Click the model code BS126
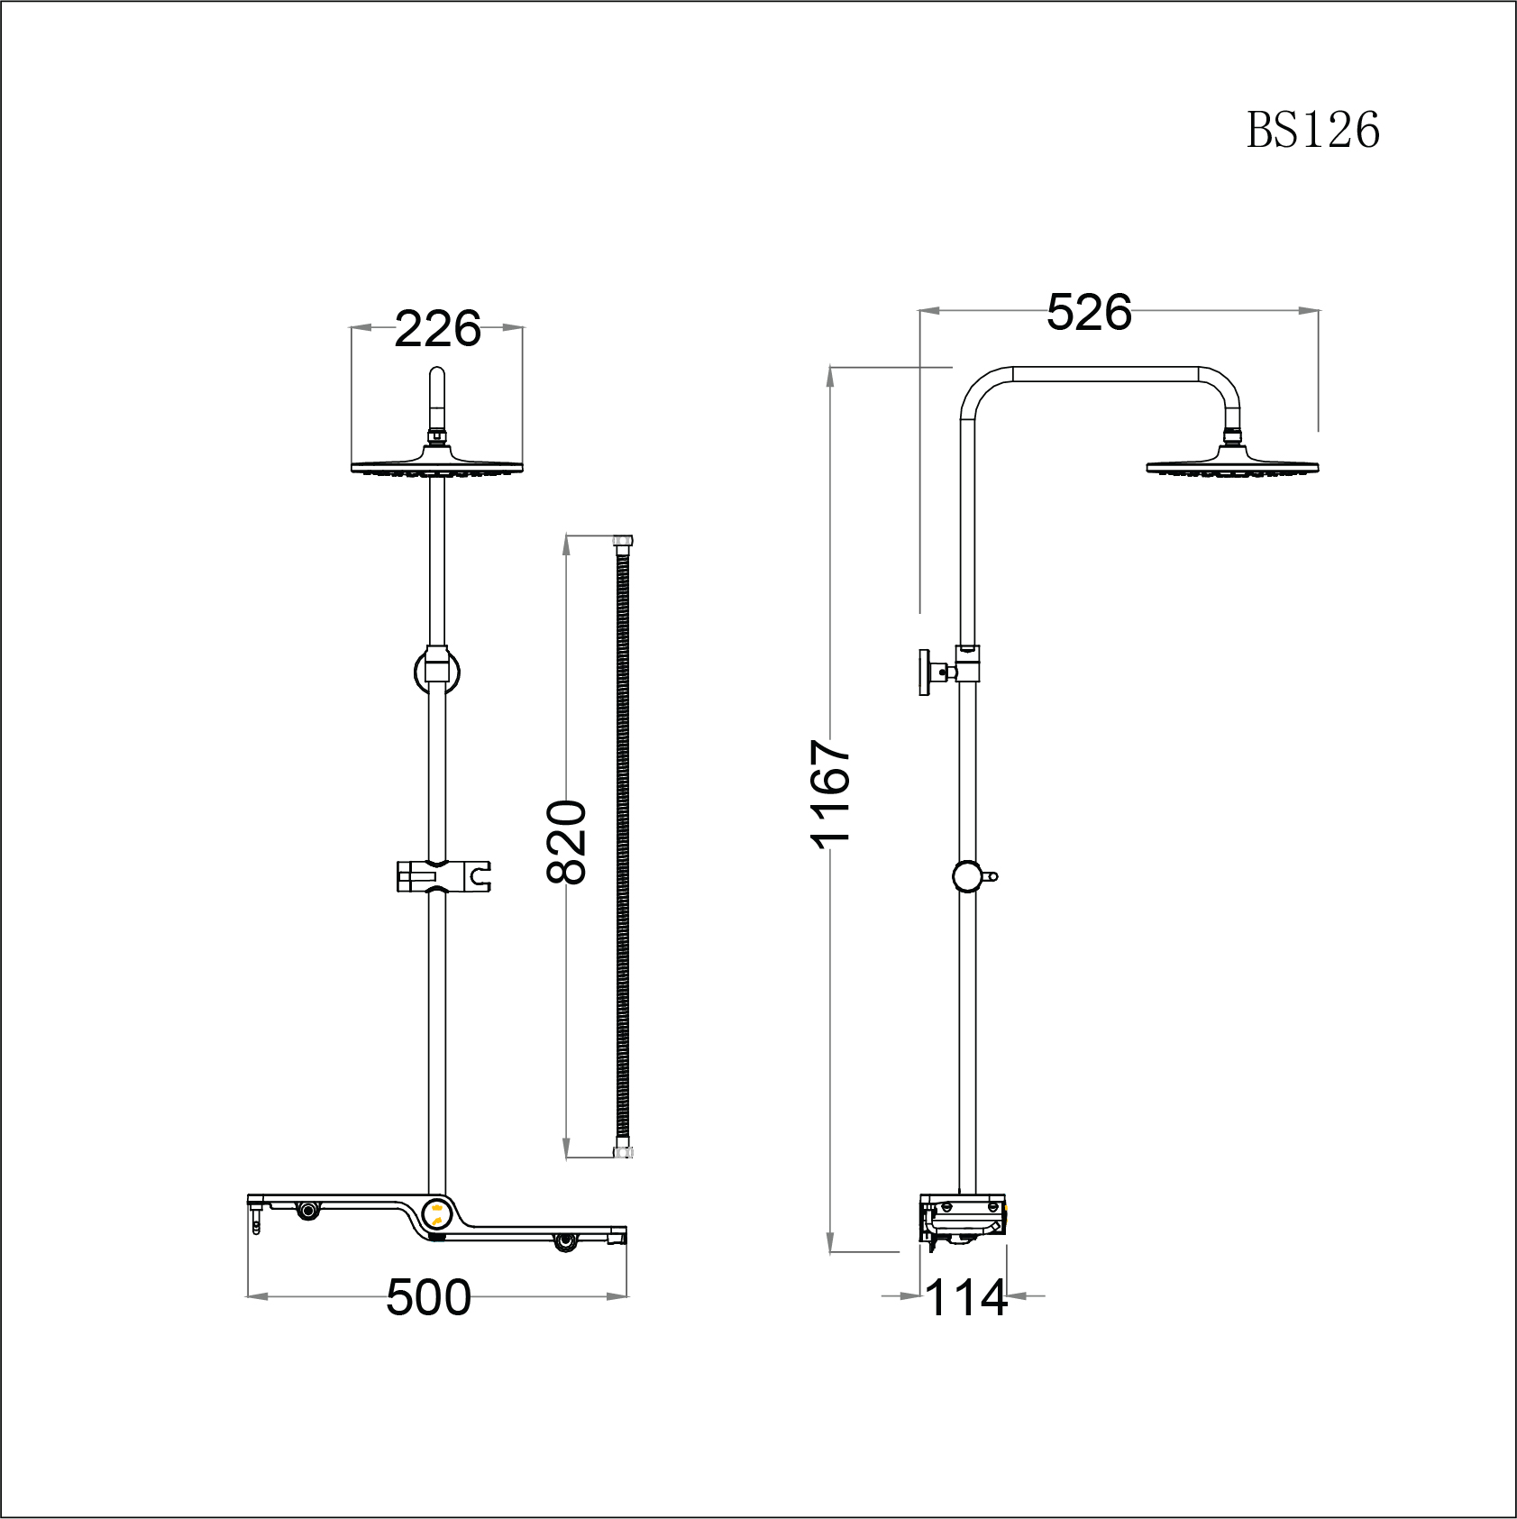point(1312,131)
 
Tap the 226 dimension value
point(437,329)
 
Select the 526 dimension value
point(1089,313)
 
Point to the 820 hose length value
point(567,841)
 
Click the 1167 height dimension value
point(830,793)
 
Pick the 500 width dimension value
point(428,1298)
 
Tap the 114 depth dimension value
point(965,1298)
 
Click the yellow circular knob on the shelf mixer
point(437,1213)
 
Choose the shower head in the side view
point(1232,465)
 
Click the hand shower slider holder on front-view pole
point(443,875)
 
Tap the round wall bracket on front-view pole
point(437,671)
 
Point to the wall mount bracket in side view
point(928,672)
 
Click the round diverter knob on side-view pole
point(967,875)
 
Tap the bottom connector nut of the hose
point(623,1151)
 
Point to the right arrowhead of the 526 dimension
point(1310,310)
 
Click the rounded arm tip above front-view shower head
point(437,374)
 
